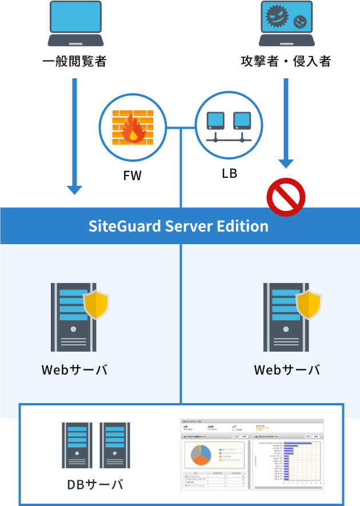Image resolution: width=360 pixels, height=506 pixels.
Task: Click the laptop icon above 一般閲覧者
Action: click(x=75, y=24)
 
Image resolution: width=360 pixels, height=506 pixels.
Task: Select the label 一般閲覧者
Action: click(x=75, y=61)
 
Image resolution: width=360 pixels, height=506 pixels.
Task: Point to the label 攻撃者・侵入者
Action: click(x=286, y=61)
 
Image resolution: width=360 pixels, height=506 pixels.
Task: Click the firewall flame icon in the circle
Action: click(x=133, y=128)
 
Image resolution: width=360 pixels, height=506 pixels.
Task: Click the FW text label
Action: click(x=133, y=176)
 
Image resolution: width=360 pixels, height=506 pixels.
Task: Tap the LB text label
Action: click(x=229, y=172)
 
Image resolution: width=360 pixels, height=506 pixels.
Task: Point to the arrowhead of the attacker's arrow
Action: click(x=286, y=162)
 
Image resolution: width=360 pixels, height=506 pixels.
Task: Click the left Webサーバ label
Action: click(x=75, y=370)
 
